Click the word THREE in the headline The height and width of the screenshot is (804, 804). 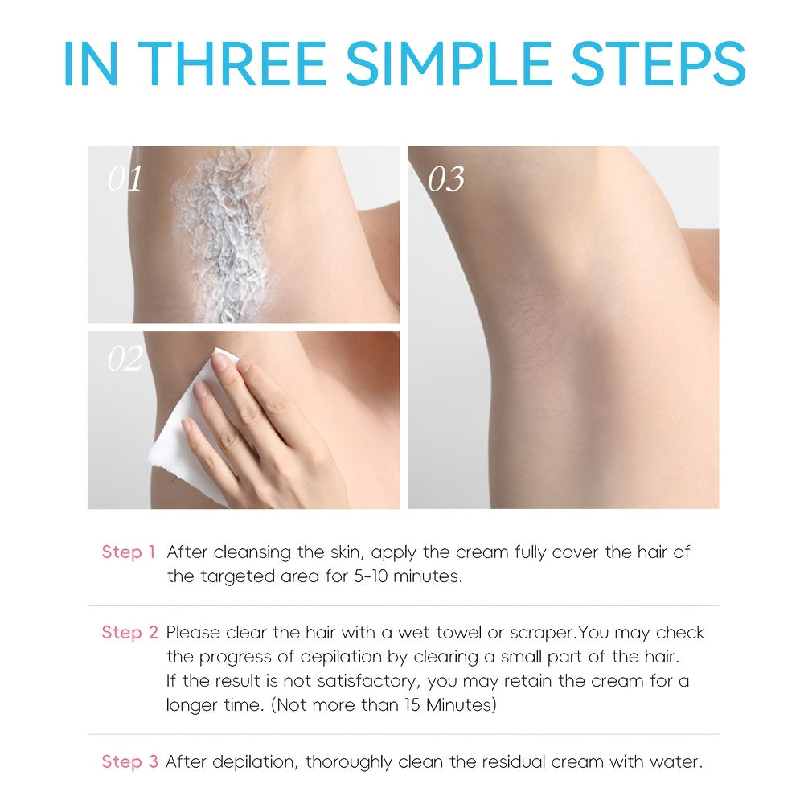pyautogui.click(x=232, y=64)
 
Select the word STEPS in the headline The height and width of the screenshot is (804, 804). pyautogui.click(x=658, y=64)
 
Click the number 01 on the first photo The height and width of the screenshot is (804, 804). pyautogui.click(x=125, y=178)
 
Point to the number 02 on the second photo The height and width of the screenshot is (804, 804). pyautogui.click(x=125, y=358)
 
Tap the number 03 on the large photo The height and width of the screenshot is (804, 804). pyautogui.click(x=446, y=179)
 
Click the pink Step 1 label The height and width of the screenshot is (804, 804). pyautogui.click(x=128, y=552)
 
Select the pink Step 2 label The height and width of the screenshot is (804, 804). pyautogui.click(x=129, y=632)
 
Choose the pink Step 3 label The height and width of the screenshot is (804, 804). pyautogui.click(x=129, y=761)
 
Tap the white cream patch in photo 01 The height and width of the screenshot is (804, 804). pyautogui.click(x=223, y=236)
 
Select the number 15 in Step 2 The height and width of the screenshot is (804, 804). pyautogui.click(x=412, y=705)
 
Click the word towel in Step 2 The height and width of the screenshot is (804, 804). pyautogui.click(x=458, y=632)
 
